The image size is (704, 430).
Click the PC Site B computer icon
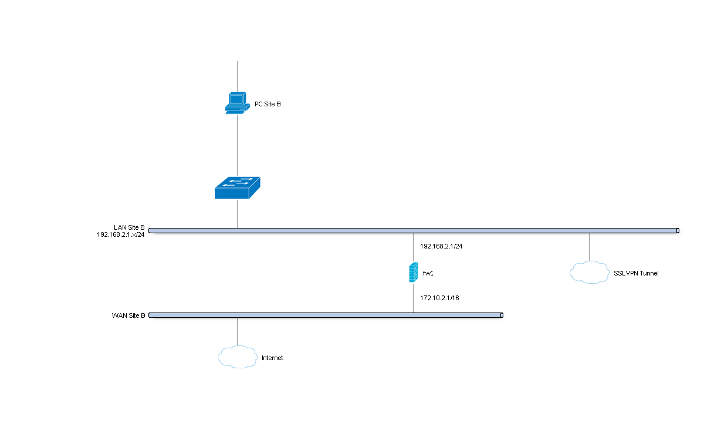tap(236, 103)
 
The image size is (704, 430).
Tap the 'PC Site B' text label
tap(268, 105)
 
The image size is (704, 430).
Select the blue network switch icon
tap(238, 187)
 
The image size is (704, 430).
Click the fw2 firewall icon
tap(414, 273)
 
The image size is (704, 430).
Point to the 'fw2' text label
tap(428, 274)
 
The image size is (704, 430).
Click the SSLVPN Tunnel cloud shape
tap(589, 272)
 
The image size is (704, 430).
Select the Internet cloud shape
tap(238, 357)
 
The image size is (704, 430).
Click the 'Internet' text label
tap(272, 358)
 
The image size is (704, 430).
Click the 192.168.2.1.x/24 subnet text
tap(121, 234)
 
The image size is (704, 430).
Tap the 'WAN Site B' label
tap(128, 315)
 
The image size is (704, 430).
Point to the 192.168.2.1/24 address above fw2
tap(441, 246)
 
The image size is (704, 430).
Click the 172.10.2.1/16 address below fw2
tap(439, 298)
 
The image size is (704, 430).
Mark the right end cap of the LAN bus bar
tap(677, 231)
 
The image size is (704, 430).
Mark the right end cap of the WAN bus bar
tap(502, 315)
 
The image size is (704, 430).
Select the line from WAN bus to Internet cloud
tap(238, 331)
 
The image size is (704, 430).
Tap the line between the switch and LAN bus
tap(238, 213)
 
